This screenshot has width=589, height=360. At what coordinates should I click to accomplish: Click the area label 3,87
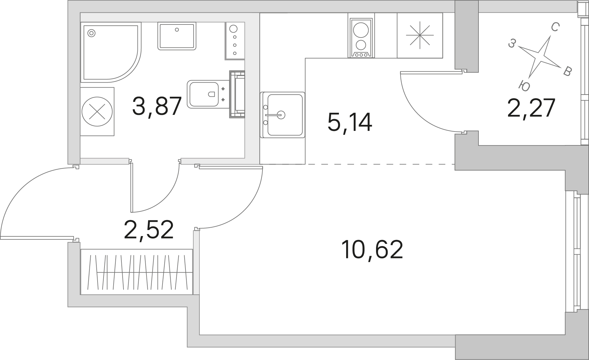pos(157,106)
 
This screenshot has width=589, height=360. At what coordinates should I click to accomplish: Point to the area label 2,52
pos(149,229)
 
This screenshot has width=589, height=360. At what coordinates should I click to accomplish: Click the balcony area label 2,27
pos(531,108)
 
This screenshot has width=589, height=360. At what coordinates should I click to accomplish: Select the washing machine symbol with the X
pos(97,112)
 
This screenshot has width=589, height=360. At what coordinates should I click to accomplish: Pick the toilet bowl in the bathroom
pos(203,94)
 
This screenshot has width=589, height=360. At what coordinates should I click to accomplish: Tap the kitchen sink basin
pos(282,115)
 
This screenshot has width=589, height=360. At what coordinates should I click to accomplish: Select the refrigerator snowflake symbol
pos(420,35)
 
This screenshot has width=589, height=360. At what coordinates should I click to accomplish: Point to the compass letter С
pos(554,28)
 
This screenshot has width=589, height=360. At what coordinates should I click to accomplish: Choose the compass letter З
pos(511,44)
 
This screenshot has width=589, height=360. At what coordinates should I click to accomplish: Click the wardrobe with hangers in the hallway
pos(137,272)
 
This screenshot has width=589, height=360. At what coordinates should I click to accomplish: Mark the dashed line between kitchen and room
pos(358,164)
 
